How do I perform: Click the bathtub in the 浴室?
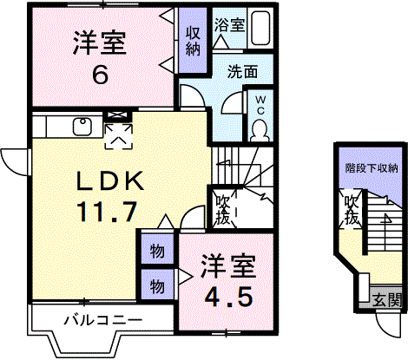pos(260,28)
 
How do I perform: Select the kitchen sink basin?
pos(82,127)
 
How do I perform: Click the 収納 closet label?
pos(193,41)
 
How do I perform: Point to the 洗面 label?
pos(242,71)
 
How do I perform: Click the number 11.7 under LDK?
pos(107,212)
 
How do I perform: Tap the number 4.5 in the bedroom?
pos(227,298)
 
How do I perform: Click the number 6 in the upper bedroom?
pos(100,75)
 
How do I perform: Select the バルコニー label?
pos(103,320)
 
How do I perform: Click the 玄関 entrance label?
pos(387,300)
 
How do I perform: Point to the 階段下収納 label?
pos(372,168)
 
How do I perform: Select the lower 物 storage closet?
pos(157,285)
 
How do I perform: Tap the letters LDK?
pos(110,181)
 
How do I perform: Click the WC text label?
pos(260,105)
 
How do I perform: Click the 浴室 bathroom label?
pos(230,25)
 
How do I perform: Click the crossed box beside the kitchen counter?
pos(117,115)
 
